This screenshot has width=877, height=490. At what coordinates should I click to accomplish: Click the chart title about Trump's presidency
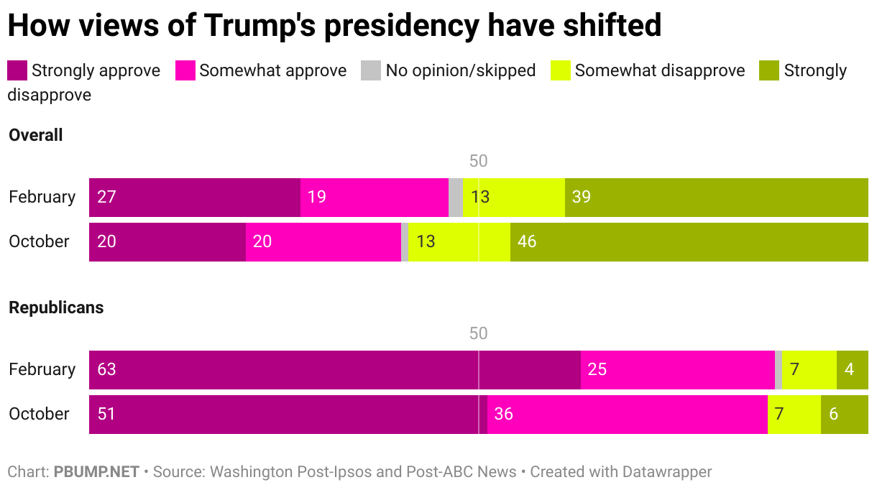coord(334,26)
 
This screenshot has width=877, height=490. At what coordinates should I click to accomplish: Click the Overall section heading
coord(36,135)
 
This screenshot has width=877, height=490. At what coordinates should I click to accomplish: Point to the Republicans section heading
coord(56,308)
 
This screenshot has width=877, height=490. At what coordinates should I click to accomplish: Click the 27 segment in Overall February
coord(194,197)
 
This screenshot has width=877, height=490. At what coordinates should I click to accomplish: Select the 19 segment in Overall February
coord(374,197)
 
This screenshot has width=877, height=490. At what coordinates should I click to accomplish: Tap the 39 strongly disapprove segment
coord(716,197)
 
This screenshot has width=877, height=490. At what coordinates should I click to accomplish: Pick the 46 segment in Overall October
coord(689,241)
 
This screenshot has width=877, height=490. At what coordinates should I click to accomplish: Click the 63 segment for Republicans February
coord(334,369)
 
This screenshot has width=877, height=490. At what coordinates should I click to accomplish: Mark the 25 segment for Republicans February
coord(677,369)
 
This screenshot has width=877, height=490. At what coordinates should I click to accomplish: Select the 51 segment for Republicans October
coord(288,414)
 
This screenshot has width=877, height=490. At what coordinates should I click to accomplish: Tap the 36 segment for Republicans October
coord(627,414)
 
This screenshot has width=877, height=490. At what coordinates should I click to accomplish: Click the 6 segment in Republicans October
coord(844,414)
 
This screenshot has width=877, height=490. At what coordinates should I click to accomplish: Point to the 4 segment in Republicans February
coord(852,369)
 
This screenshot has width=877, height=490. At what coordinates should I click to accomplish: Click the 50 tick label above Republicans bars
coord(478,333)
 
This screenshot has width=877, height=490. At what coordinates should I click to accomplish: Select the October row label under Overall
coord(40,241)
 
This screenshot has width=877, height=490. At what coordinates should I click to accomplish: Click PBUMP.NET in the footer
coord(96,472)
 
